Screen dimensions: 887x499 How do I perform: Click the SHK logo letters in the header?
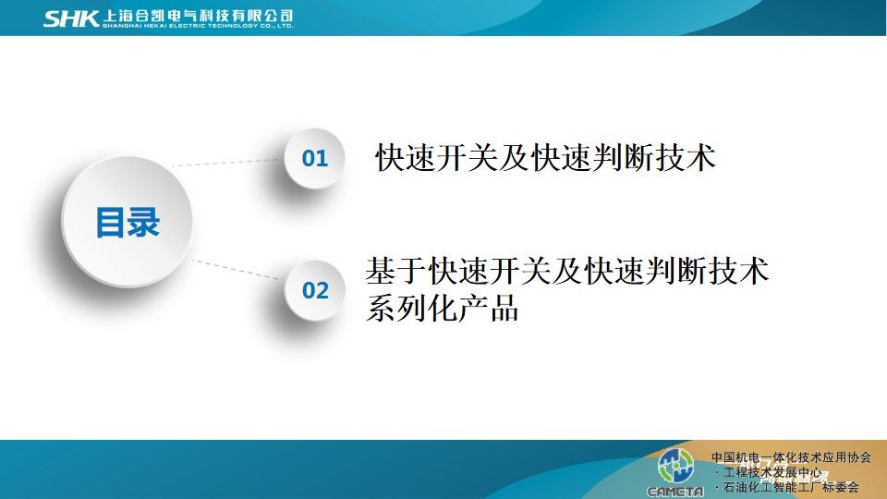coord(71,18)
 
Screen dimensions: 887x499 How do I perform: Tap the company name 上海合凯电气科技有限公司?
coord(198,16)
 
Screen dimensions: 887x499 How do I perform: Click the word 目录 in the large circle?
coord(128,222)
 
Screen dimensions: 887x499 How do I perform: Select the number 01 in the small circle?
coord(315,158)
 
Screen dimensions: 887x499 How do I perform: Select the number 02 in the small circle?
coord(315,291)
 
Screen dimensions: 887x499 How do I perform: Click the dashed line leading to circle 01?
coord(226,163)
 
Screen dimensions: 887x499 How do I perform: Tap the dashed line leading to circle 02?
coord(236,269)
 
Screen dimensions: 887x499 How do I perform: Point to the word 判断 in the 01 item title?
coord(625,157)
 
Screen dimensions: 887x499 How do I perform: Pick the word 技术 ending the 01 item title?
coord(687,157)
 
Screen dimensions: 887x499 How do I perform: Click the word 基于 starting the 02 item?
coord(396,271)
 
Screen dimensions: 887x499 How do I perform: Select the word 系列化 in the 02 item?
coord(411,309)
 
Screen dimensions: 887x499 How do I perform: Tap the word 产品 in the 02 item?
coord(489,309)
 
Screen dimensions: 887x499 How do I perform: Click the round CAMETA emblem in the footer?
coord(675,466)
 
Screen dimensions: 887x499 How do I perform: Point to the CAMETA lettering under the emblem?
coord(675,492)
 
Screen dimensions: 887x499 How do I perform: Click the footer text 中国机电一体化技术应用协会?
coord(792,457)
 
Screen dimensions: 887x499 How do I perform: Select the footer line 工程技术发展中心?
coord(772,472)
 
